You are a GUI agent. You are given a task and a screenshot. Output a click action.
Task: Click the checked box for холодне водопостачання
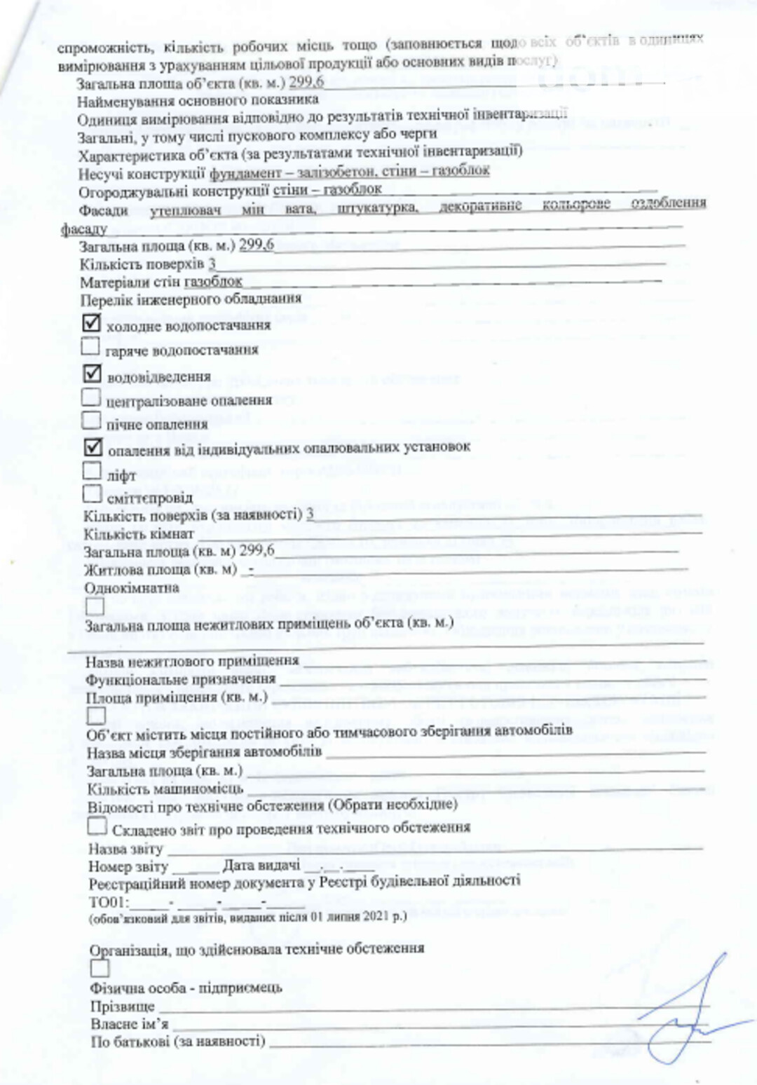coord(91,322)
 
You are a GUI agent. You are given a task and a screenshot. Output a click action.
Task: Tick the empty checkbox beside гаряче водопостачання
coord(90,346)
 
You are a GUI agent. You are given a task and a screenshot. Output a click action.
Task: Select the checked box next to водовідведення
coord(92,374)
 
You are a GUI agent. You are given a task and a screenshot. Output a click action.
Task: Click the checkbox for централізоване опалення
coord(91,397)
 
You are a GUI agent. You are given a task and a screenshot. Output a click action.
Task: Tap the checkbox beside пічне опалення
coord(91,421)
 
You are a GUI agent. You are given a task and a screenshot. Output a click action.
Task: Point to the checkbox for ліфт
coord(92,470)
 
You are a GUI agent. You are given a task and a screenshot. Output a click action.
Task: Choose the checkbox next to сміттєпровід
coord(92,494)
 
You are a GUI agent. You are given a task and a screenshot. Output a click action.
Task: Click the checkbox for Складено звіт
coord(97,826)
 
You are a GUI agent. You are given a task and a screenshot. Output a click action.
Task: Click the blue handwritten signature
coord(683,1009)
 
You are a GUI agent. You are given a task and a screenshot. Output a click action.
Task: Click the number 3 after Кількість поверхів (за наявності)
coord(310,514)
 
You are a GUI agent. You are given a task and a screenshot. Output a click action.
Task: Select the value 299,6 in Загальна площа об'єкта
coord(306,82)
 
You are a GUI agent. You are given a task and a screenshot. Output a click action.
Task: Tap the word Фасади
coord(104,210)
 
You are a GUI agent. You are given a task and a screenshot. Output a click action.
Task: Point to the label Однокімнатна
coord(132,587)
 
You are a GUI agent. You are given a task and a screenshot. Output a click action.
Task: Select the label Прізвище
coord(122,1006)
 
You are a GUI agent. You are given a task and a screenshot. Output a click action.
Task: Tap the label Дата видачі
coord(261,866)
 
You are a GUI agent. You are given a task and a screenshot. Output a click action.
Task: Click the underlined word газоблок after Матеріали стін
coord(213,282)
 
